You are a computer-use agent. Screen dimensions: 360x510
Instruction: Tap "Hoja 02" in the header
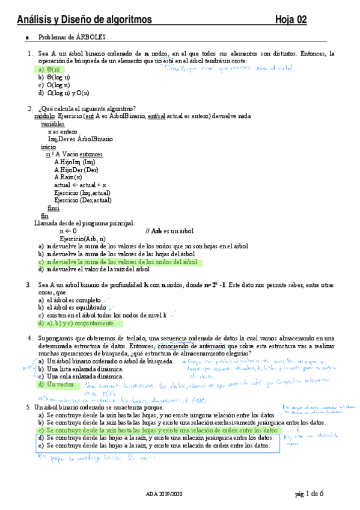(x=291, y=20)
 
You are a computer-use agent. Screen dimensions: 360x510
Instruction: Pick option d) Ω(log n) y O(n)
(x=64, y=93)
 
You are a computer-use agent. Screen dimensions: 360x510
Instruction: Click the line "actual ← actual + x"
(x=79, y=185)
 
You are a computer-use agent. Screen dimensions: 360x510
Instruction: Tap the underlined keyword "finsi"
(x=53, y=207)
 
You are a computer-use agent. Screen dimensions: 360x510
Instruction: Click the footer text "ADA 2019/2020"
(x=162, y=494)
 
